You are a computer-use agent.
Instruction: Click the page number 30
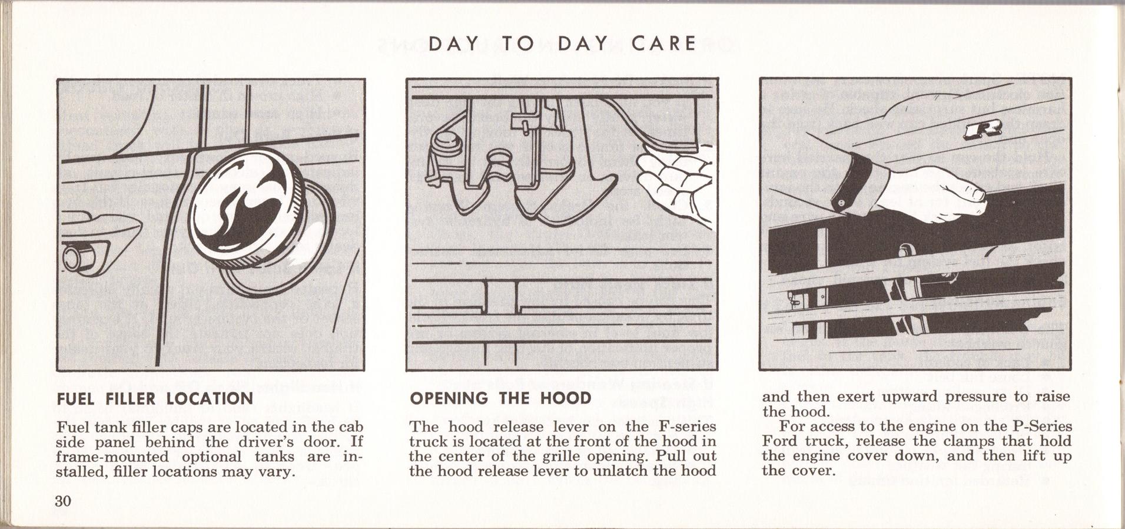63,501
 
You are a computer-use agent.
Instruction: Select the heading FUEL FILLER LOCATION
155,399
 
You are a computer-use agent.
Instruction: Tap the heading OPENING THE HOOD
500,399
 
